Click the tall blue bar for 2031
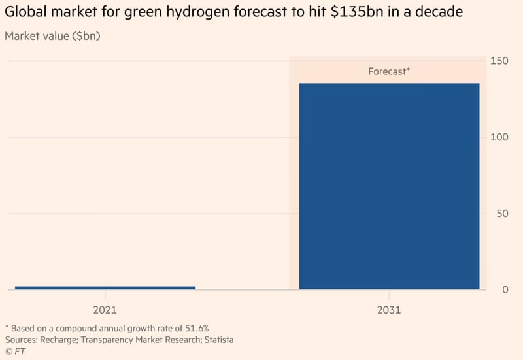pos(389,186)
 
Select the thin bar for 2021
pos(105,287)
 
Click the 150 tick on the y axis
pos(499,61)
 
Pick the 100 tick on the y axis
pos(499,137)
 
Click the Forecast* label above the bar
pos(389,72)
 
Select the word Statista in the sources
pos(215,340)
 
